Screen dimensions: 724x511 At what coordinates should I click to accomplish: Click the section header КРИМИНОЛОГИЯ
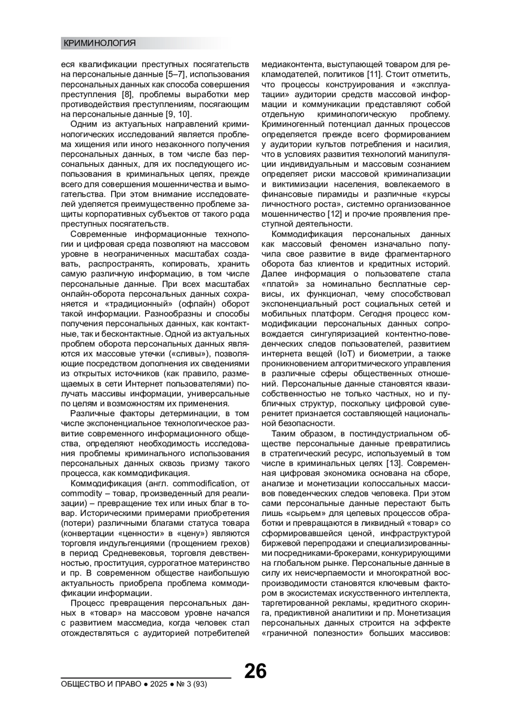click(99, 43)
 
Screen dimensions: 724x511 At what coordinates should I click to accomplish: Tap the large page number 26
click(255, 671)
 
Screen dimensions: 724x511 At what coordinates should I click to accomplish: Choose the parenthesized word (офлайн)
click(194, 304)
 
